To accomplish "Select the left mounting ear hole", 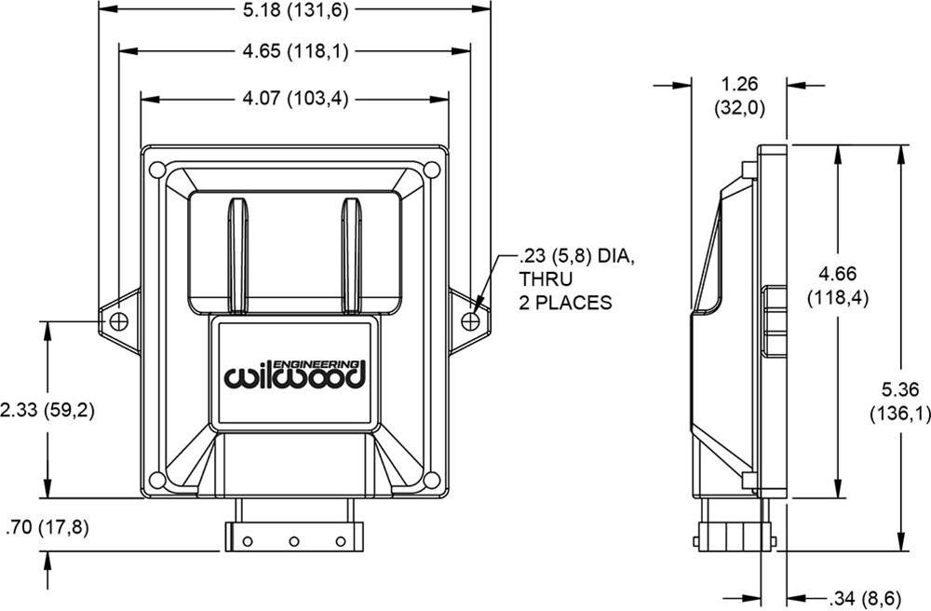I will [118, 320].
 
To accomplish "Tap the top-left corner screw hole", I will [158, 170].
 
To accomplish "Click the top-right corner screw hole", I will [431, 170].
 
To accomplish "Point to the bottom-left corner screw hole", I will [158, 480].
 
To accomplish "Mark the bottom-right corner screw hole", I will [431, 480].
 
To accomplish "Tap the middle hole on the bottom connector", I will [293, 541].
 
